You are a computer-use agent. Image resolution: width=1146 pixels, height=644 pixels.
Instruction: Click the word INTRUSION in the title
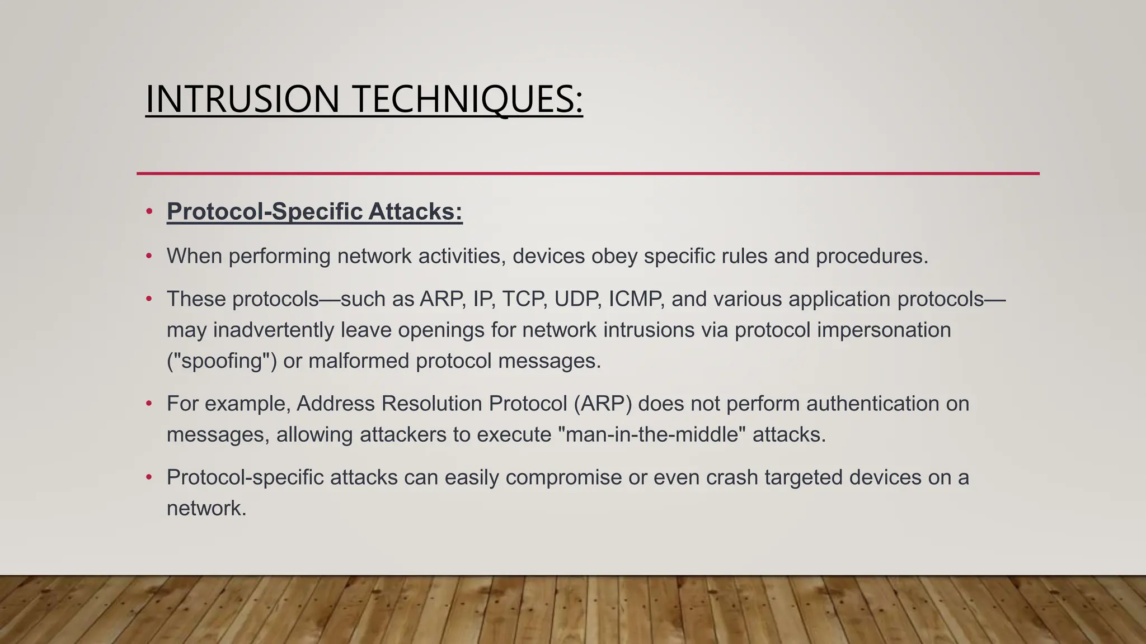[x=242, y=99]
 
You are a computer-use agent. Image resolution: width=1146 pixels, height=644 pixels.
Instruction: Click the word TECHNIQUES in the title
[x=468, y=99]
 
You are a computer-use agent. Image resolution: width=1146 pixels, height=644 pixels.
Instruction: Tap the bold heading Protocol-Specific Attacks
[x=314, y=211]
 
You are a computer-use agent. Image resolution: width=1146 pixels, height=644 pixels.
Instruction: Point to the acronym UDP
[x=577, y=299]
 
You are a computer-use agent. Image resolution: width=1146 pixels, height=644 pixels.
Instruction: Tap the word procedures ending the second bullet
[x=871, y=256]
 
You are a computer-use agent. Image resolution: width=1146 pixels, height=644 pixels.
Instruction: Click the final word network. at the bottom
[x=206, y=508]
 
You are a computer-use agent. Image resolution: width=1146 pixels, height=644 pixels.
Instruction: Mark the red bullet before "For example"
[x=149, y=403]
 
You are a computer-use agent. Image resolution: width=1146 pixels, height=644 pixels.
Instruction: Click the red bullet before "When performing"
[x=149, y=256]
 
